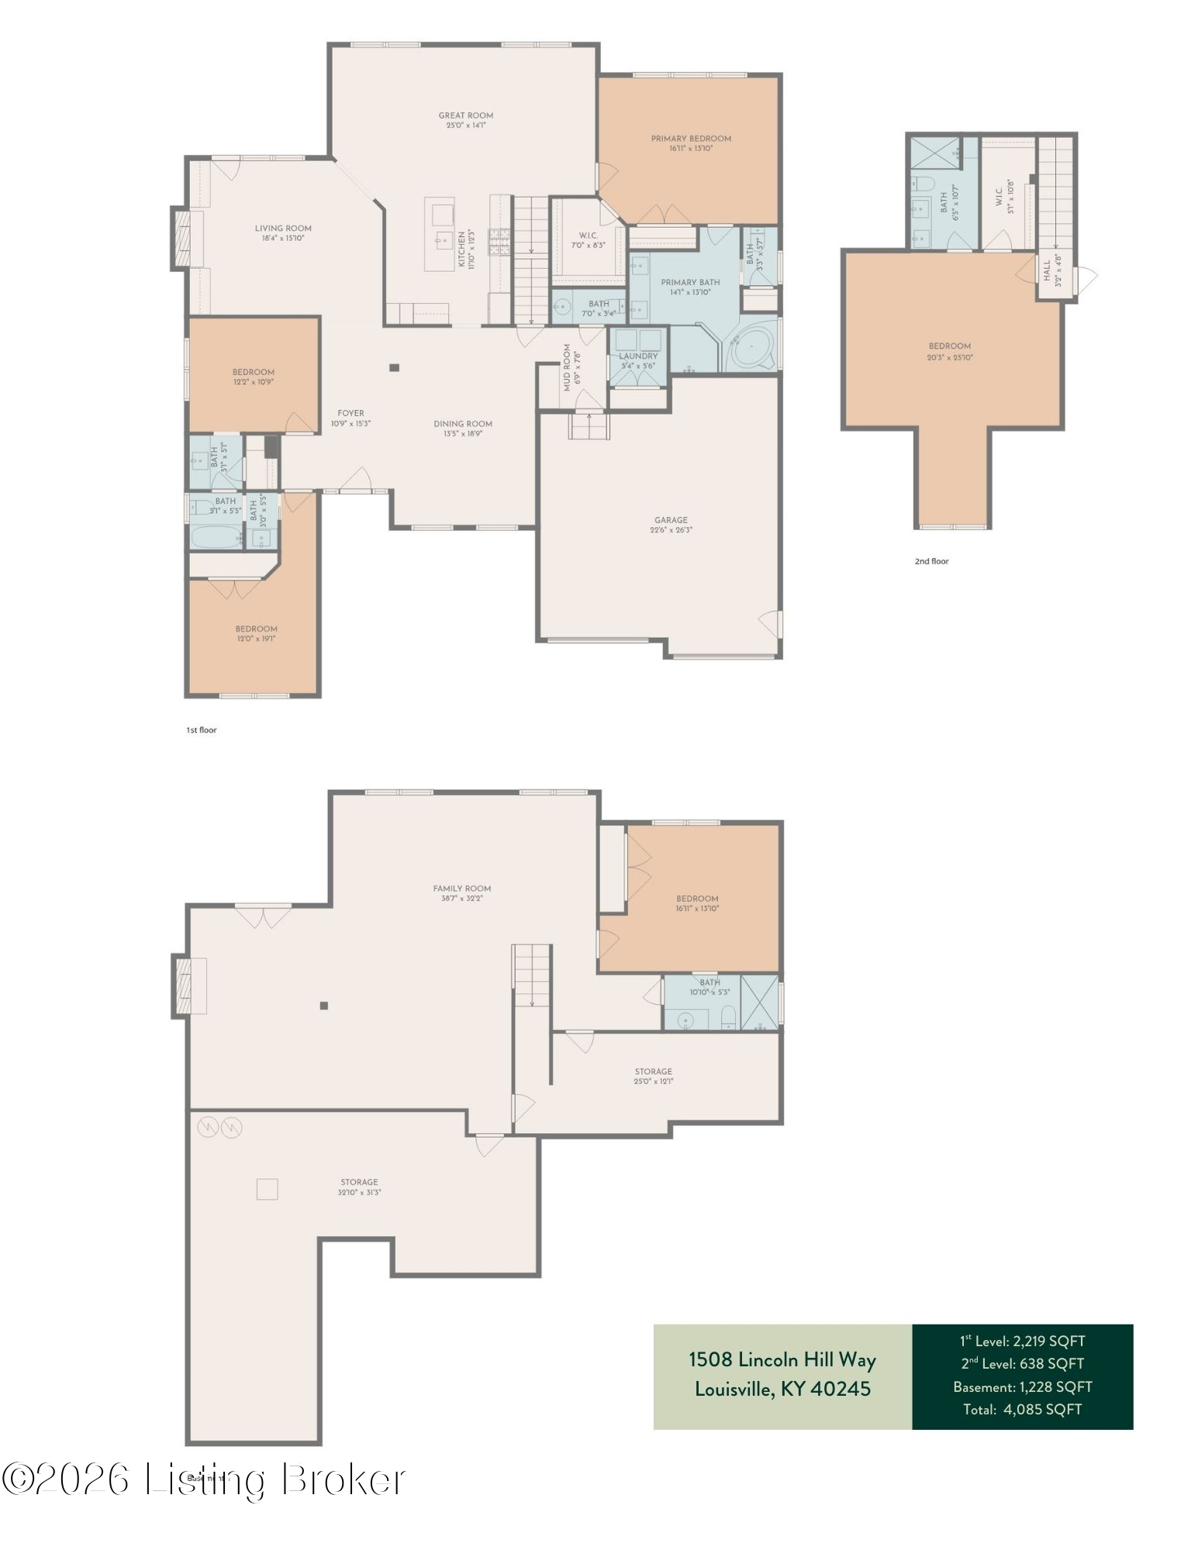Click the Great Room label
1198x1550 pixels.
[465, 115]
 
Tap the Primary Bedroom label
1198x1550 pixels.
[690, 139]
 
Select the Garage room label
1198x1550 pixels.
[671, 520]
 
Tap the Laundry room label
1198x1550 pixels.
[637, 356]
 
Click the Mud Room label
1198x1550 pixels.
[567, 367]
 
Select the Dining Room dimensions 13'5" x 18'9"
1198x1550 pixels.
[463, 434]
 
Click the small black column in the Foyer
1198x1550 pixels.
[394, 367]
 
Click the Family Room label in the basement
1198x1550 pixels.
[461, 888]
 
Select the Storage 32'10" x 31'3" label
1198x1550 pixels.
[358, 1182]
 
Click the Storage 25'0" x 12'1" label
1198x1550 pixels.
[653, 1071]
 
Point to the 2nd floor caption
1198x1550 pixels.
[930, 561]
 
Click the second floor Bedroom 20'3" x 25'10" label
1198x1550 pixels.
[949, 346]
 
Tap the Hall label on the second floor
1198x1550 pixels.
[1047, 270]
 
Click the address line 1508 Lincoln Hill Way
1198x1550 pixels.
[782, 1359]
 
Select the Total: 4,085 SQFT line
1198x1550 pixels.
[1022, 1409]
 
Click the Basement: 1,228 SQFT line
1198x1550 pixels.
[1022, 1386]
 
